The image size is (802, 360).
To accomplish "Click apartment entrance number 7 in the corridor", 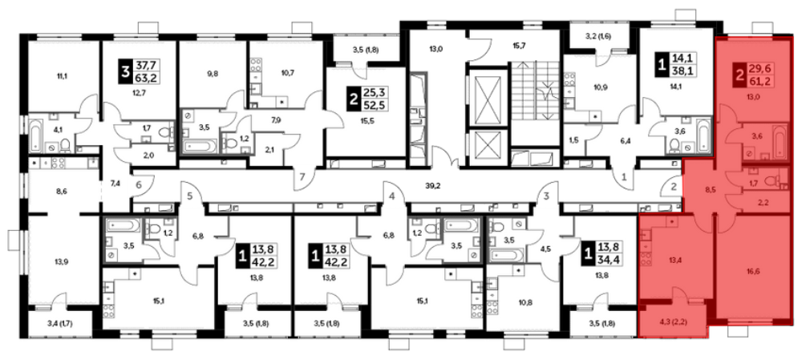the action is [x=302, y=177].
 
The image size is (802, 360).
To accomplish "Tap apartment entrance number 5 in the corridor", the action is [x=190, y=195].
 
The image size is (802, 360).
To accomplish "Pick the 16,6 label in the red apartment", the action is [x=751, y=272].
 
